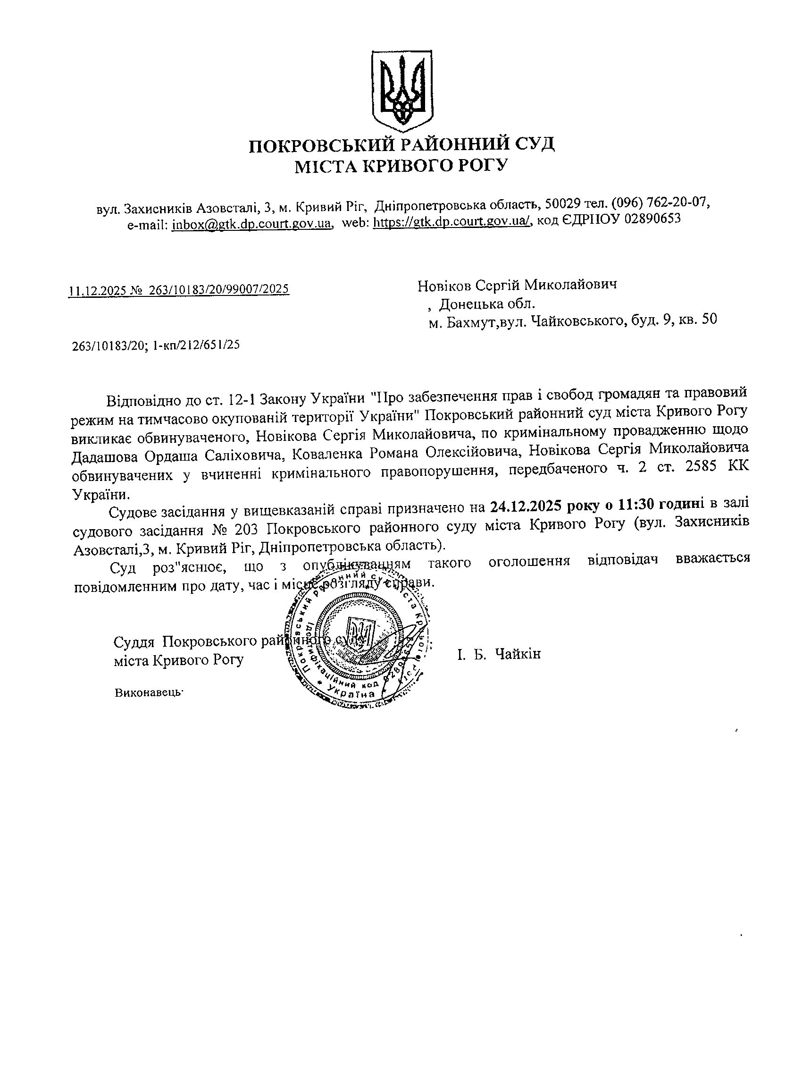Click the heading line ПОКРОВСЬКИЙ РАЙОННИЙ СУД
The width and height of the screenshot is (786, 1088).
[x=402, y=144]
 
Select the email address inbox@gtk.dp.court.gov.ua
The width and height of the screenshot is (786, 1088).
[x=252, y=224]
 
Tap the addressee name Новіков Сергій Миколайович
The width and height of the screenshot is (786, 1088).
[x=517, y=285]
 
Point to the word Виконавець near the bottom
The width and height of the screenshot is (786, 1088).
[x=149, y=693]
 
